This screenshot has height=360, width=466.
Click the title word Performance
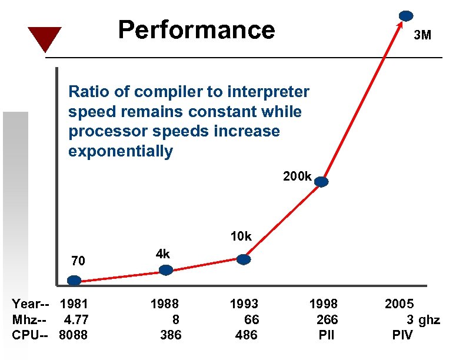(x=196, y=29)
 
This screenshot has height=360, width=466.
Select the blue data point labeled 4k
(x=167, y=270)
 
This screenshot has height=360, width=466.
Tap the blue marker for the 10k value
(x=244, y=259)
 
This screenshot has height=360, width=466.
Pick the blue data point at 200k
(x=321, y=182)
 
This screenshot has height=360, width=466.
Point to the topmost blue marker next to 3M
(x=405, y=16)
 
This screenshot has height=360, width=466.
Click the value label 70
(x=78, y=261)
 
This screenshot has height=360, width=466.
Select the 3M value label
(x=422, y=35)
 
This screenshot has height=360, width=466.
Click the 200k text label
(x=297, y=176)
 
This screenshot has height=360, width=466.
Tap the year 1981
(x=74, y=304)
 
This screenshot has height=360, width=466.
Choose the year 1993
(x=244, y=304)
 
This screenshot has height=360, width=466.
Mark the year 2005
(x=400, y=304)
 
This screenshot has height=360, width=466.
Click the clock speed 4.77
(x=76, y=320)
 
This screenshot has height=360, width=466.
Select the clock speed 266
(x=327, y=320)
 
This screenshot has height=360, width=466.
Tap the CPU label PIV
(x=402, y=335)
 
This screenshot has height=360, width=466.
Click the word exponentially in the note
(x=121, y=152)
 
